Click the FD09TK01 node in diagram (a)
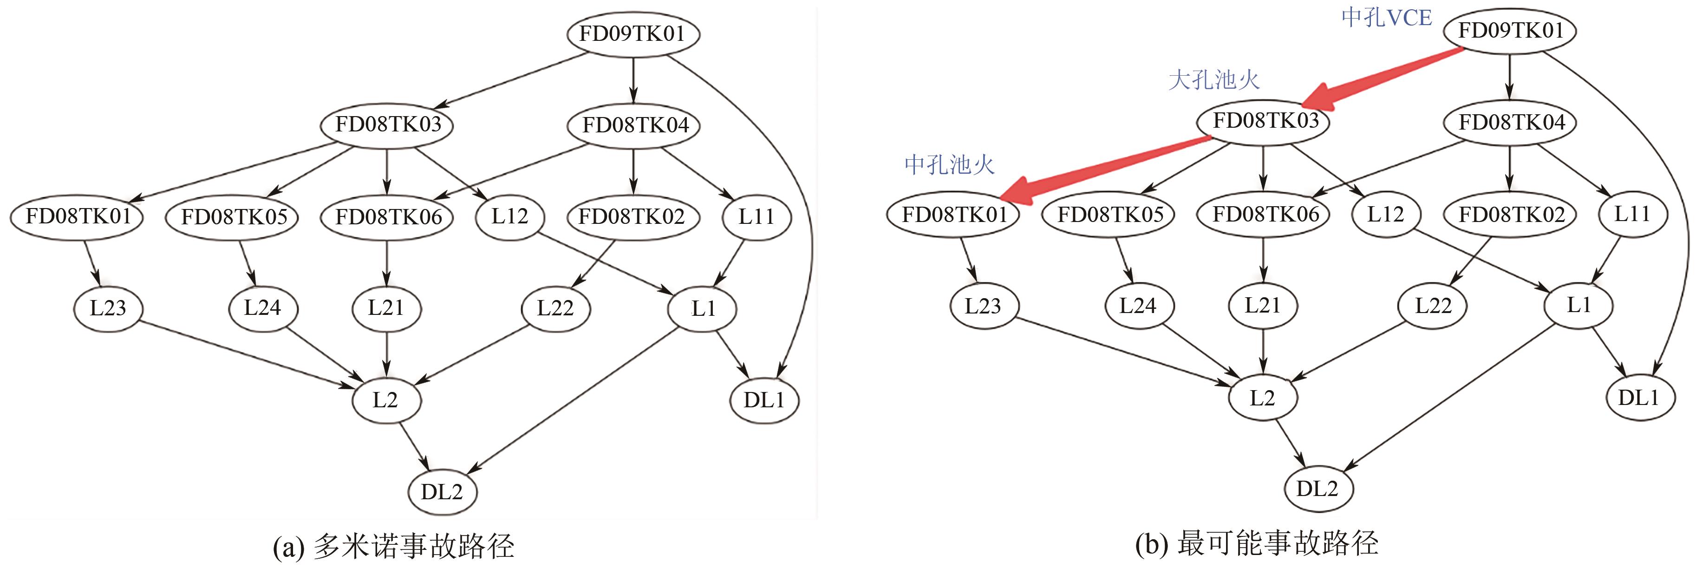tap(633, 33)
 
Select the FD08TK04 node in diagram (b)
tap(1510, 123)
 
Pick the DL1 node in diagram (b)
tap(1639, 398)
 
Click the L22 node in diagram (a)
tap(555, 307)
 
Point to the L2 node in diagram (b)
tap(1262, 398)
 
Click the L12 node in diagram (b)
tap(1385, 214)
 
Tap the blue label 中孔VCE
tap(1387, 18)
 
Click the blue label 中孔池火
tap(949, 164)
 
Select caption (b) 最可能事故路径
tap(1257, 544)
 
